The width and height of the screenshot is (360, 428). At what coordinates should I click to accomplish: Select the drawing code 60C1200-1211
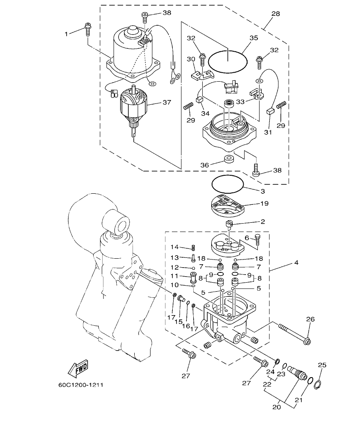point(81,384)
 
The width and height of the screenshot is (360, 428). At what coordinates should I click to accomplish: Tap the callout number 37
point(166,103)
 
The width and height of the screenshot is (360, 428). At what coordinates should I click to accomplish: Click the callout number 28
point(275,14)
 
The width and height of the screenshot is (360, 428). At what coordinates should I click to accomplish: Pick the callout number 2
point(262,221)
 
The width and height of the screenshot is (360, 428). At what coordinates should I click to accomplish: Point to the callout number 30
point(191,59)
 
